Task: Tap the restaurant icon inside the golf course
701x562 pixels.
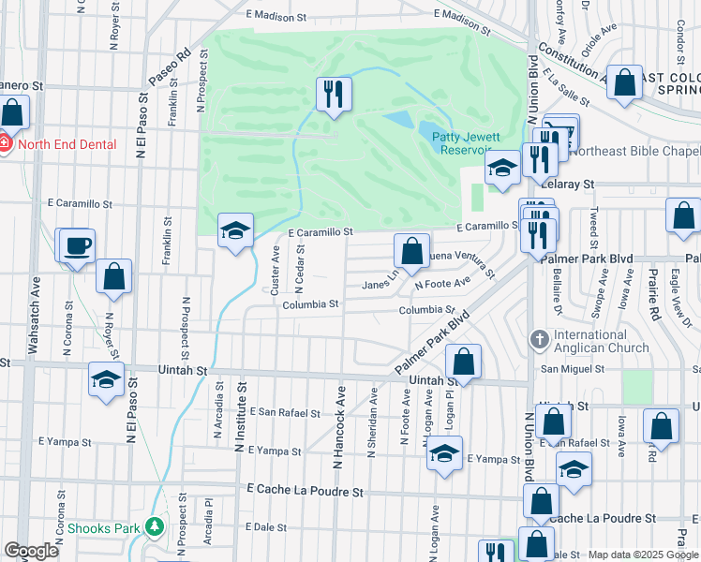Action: click(334, 94)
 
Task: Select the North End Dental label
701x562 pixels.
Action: click(66, 144)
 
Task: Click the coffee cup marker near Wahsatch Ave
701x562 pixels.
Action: click(77, 245)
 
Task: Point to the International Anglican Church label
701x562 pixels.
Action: click(602, 341)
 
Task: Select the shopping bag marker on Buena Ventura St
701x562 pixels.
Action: click(411, 250)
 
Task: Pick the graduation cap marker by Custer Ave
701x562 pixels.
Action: click(235, 230)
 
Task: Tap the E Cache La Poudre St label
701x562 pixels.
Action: click(306, 491)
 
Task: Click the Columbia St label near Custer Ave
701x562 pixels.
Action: click(310, 304)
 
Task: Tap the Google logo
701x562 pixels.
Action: click(31, 551)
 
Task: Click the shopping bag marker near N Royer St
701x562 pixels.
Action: click(113, 276)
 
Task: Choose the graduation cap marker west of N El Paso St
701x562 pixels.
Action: click(106, 380)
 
